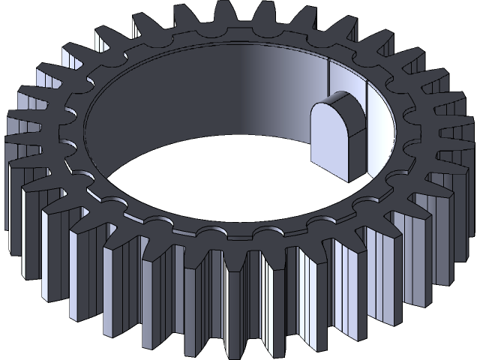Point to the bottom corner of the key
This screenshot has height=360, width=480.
(x=348, y=180)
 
